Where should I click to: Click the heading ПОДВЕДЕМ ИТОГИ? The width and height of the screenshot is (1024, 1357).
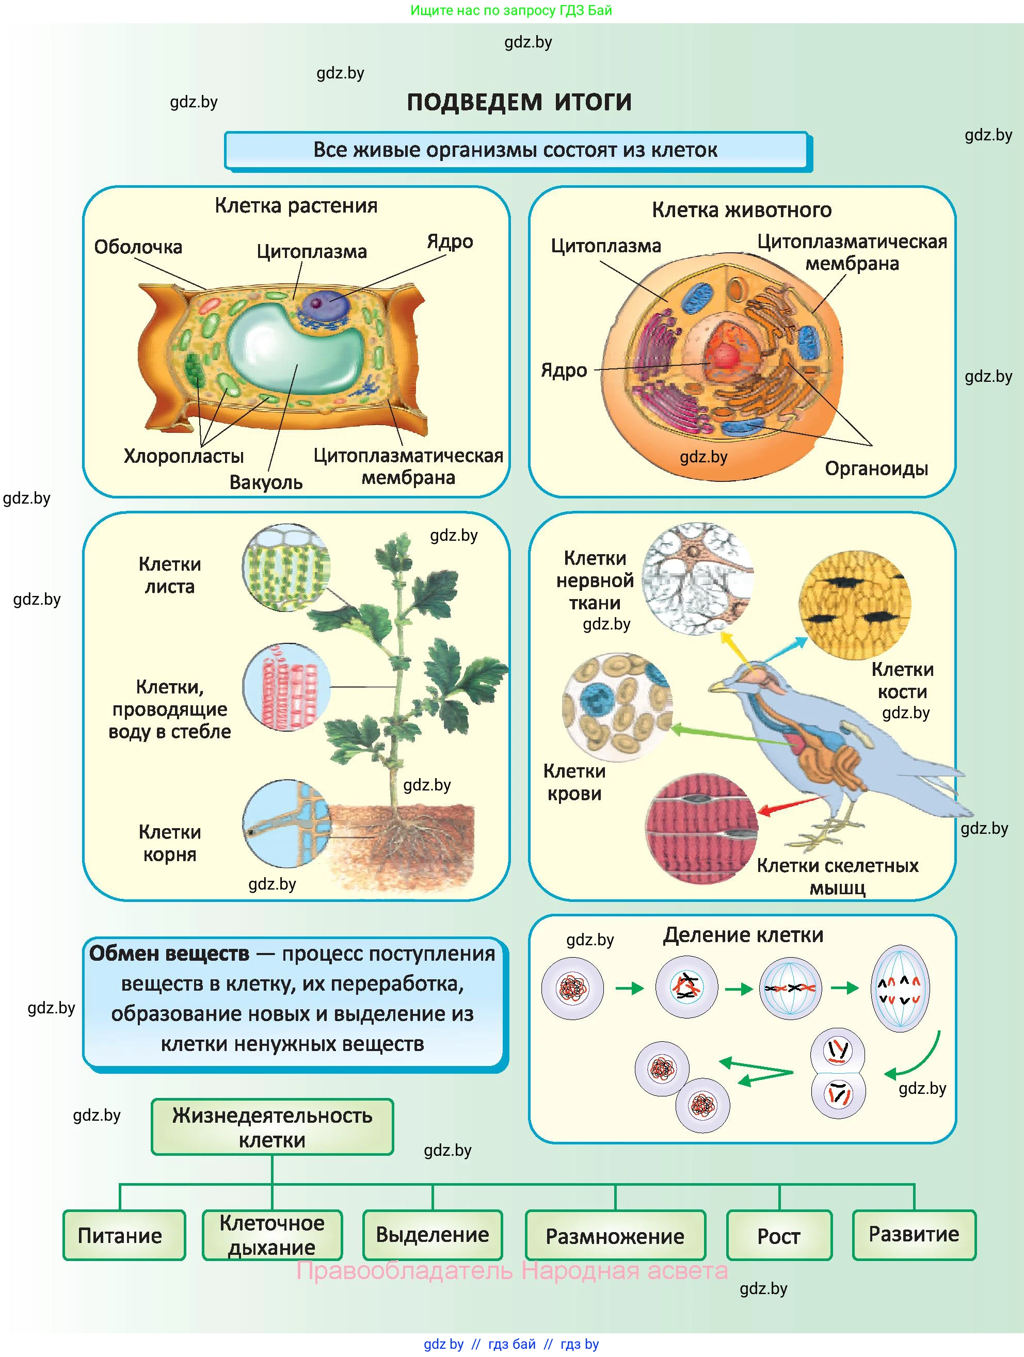(519, 102)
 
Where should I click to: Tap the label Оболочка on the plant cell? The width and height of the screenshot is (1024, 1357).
(138, 247)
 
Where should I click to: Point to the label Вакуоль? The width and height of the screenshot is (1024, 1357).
(266, 482)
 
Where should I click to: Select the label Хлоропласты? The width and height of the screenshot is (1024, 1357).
(183, 456)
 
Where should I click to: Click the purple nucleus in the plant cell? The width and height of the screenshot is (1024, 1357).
(319, 302)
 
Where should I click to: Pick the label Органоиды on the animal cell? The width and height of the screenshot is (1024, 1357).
(875, 469)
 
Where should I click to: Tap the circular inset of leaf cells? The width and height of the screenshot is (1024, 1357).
(286, 568)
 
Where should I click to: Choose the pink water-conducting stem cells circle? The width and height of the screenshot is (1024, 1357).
(286, 687)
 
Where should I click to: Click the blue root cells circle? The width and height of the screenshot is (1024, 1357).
(286, 823)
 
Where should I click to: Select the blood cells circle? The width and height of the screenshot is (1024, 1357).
(617, 707)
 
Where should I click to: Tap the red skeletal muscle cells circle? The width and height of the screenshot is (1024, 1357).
(701, 828)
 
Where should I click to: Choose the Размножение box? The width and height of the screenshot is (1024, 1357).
(615, 1236)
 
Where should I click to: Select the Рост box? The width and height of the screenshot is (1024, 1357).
(779, 1236)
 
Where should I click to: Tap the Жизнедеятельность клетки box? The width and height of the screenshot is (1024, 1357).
(272, 1127)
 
